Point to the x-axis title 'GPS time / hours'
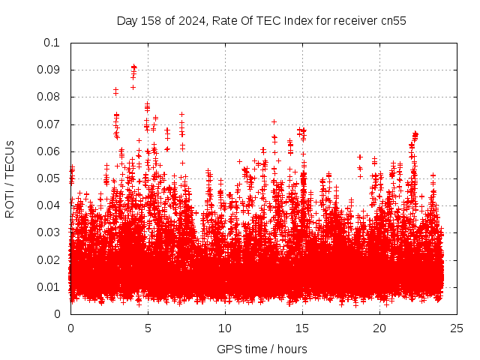[x=262, y=349]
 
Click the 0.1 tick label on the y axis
[x=52, y=43]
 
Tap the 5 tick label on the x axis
[x=148, y=328]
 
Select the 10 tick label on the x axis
[x=225, y=328]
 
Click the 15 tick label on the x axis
[x=302, y=328]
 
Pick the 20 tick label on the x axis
[x=379, y=328]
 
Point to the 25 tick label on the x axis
[x=457, y=328]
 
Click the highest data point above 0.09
[x=133, y=67]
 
